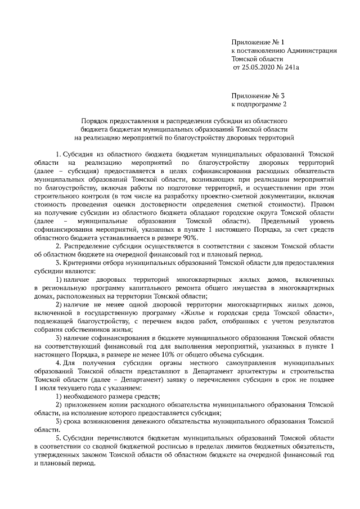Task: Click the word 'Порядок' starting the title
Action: [94, 120]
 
